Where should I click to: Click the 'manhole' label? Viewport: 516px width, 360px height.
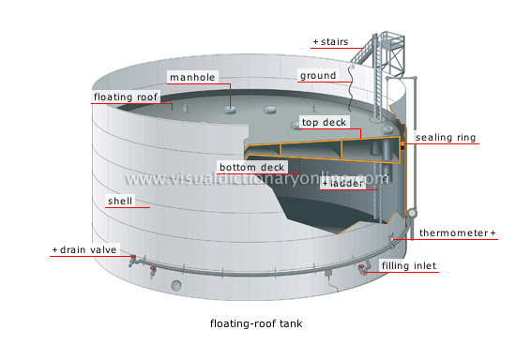(192, 76)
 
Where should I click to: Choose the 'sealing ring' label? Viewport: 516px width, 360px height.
(446, 138)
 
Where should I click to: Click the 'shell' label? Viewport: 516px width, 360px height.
(120, 201)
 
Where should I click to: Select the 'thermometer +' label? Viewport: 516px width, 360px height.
(456, 232)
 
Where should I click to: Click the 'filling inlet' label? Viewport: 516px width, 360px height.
(409, 266)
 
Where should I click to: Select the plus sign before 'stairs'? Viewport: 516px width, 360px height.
(315, 43)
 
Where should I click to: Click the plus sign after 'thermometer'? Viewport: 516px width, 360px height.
(493, 232)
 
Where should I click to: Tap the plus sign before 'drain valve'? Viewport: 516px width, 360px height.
(55, 250)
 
